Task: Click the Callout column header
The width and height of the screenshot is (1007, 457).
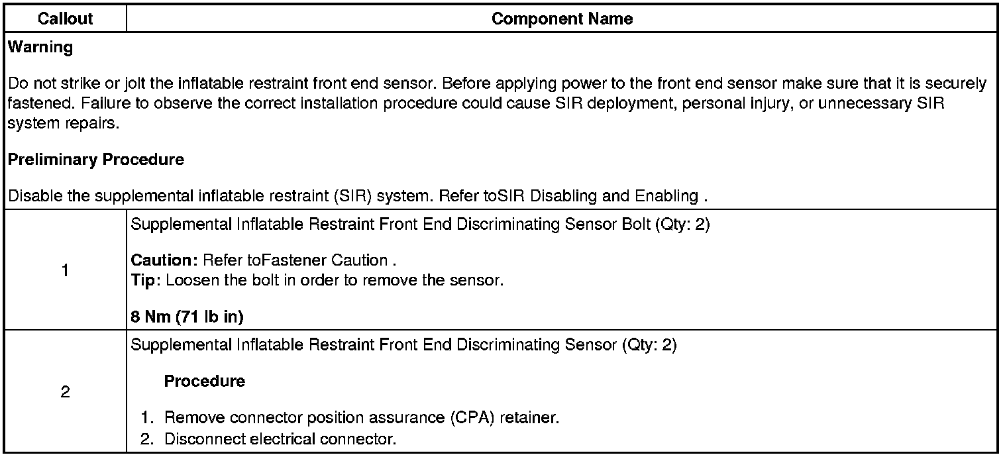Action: tap(65, 19)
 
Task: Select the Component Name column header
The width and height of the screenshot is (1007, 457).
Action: tap(562, 19)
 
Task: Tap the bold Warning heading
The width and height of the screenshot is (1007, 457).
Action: tap(40, 48)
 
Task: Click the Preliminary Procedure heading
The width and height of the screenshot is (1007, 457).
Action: tap(96, 160)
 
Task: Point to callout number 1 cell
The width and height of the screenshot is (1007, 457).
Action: tap(65, 270)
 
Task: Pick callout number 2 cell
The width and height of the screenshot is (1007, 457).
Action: tap(65, 392)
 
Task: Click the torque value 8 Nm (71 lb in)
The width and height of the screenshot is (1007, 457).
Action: tap(187, 317)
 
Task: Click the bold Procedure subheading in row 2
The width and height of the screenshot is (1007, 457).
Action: tap(205, 381)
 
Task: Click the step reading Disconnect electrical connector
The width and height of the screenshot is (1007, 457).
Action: tap(280, 438)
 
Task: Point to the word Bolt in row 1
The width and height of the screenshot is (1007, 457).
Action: tap(634, 224)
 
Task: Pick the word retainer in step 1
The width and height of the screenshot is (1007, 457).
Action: tap(528, 419)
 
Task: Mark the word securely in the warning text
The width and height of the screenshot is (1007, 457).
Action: tap(960, 84)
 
